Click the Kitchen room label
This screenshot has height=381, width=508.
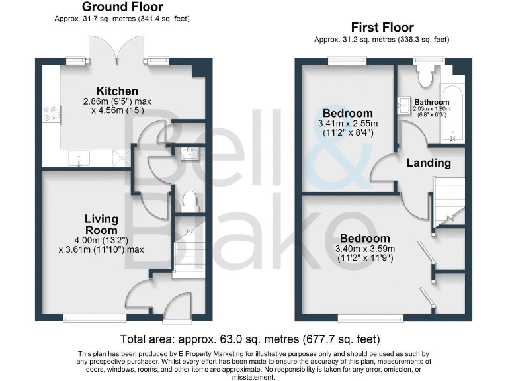tap(117, 91)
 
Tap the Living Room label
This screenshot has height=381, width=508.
tap(101, 224)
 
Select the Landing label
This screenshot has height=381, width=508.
tap(428, 163)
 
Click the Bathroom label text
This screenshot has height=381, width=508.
tap(432, 102)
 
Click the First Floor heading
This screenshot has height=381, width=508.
tap(382, 28)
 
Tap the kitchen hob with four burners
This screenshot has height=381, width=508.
tap(50, 115)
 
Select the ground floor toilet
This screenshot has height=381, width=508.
tap(189, 201)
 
